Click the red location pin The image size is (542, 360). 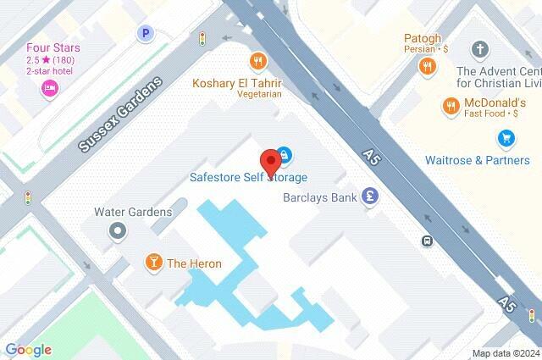270,161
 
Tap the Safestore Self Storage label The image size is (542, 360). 247,178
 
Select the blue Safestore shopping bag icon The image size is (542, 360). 285,154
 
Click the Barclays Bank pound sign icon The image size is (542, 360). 368,197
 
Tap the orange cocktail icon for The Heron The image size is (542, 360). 154,263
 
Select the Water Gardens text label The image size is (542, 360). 133,212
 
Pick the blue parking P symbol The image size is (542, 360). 147,33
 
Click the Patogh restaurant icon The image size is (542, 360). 429,64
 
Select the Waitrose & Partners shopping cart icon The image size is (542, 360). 506,137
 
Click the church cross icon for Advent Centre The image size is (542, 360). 481,50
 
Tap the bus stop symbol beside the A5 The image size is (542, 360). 428,241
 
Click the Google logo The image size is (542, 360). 28,350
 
